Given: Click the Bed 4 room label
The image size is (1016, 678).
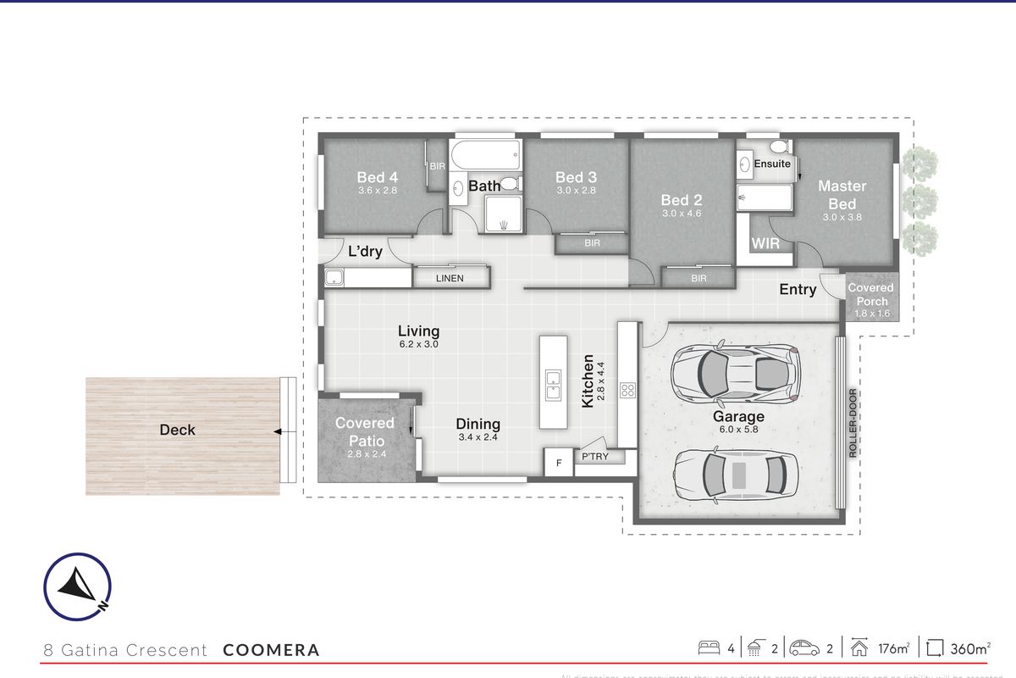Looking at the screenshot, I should [x=377, y=177].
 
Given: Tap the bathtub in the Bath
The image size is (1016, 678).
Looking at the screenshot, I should [x=483, y=155].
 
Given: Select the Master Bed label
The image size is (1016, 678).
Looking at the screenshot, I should [x=842, y=195].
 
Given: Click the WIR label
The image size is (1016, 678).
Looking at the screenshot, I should [x=765, y=243].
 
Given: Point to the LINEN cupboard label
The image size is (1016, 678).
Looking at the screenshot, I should [x=450, y=278].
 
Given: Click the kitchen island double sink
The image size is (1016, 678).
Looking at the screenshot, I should [x=553, y=385].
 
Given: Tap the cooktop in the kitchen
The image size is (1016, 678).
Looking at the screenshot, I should [x=628, y=391].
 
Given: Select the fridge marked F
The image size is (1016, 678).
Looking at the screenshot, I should [x=558, y=463].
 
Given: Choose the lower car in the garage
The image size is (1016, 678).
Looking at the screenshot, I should [x=735, y=474].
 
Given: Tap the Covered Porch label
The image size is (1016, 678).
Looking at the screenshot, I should [x=871, y=294].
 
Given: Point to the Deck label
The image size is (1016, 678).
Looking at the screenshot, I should [x=177, y=430].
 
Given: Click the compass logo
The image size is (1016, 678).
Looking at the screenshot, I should [x=77, y=586].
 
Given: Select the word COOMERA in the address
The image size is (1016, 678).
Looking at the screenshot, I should [x=271, y=651].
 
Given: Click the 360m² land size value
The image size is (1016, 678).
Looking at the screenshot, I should [x=969, y=649].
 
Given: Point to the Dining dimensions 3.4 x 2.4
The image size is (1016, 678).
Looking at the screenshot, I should [x=478, y=437].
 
